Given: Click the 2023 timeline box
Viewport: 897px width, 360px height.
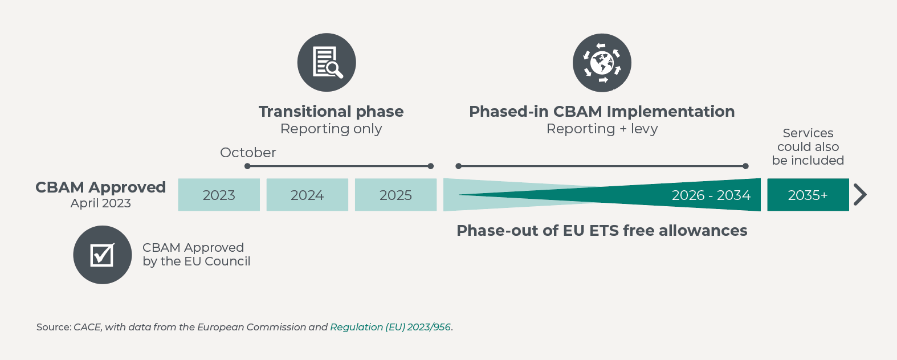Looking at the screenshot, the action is (219, 195).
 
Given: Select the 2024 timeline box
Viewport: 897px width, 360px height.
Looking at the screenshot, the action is (307, 195).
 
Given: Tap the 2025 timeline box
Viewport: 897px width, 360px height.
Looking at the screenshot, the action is (396, 195).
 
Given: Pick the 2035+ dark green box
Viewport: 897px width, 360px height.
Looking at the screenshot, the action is (808, 195).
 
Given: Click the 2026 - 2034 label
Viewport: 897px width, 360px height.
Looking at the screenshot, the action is (711, 195).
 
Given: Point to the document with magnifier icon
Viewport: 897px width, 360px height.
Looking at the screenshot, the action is (327, 63).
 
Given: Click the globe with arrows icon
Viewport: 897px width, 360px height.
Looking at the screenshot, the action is (602, 63).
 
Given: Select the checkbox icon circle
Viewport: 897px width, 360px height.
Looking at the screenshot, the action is (103, 255).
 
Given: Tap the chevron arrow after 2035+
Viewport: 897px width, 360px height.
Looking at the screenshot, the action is (860, 195).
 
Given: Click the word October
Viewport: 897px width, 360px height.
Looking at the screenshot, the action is (248, 153).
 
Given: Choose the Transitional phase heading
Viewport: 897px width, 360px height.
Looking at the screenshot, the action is (331, 111).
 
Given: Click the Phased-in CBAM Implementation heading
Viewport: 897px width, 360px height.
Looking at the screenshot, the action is (602, 111).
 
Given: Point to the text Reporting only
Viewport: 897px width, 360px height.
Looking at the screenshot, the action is (331, 129).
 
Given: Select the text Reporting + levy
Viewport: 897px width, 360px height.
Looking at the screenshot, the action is (602, 129).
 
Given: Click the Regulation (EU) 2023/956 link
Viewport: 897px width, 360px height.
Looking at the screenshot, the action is (390, 327).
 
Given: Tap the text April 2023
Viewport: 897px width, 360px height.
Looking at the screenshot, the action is (100, 203).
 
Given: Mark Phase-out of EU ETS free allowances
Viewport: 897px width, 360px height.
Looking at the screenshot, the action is (602, 231).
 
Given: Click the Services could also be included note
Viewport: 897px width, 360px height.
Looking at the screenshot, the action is (808, 146).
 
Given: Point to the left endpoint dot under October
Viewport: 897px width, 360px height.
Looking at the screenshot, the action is (247, 166).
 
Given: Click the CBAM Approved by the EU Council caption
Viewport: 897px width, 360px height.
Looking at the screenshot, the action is (196, 254).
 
